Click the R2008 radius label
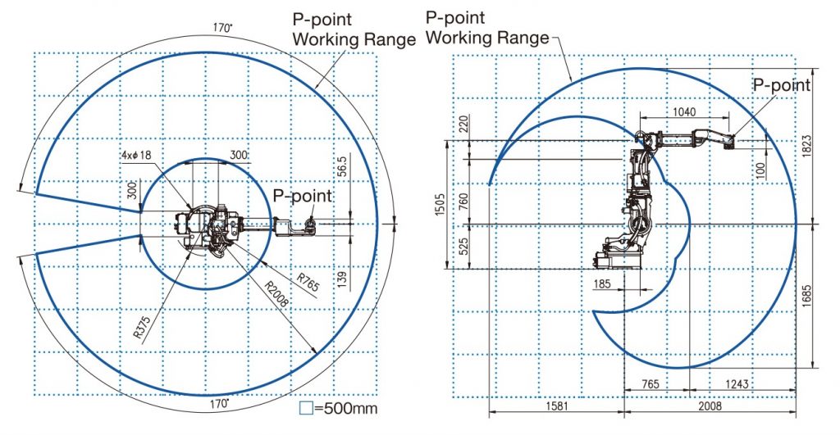coord(276,292)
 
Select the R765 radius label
coord(308,283)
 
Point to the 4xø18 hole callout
coord(136,155)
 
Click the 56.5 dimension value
coord(344,166)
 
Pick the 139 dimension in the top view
coord(343,279)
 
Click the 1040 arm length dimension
coord(684,112)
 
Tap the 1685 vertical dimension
coord(807,297)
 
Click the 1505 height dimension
coord(440,204)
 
